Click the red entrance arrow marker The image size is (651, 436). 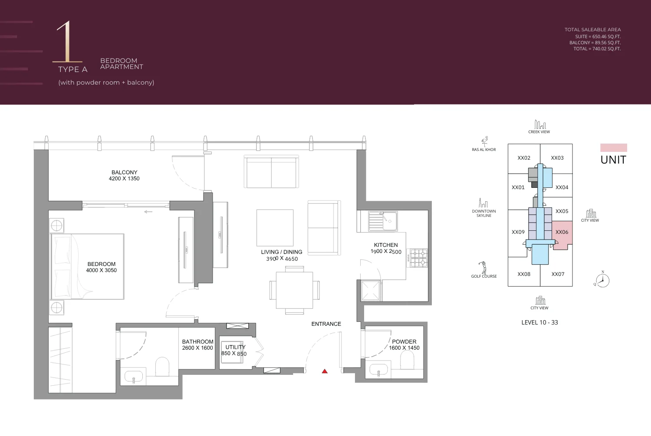[325, 371]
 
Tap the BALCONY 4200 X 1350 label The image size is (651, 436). [124, 175]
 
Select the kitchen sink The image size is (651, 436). [383, 221]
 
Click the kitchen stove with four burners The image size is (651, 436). [419, 258]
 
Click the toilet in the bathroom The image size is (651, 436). [162, 366]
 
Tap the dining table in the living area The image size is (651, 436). [294, 290]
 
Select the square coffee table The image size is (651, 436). [275, 228]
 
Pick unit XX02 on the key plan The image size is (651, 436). [524, 158]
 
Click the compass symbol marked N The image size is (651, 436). [602, 280]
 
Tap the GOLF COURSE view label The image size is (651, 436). [484, 276]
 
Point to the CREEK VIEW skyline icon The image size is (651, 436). [539, 125]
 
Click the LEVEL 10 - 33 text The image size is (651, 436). [539, 322]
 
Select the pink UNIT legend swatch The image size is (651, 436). [613, 148]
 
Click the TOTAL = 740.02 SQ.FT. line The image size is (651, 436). [597, 49]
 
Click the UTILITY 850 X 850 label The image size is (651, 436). [235, 350]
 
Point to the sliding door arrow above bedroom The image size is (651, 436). [148, 212]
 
